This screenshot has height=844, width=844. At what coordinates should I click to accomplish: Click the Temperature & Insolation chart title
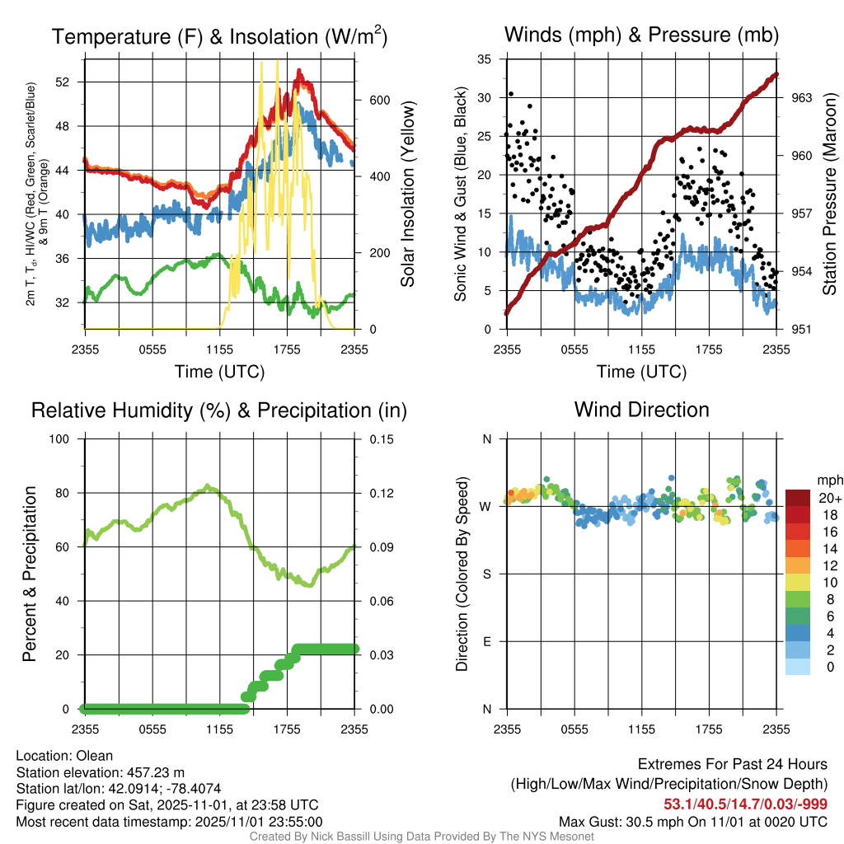[x=219, y=36]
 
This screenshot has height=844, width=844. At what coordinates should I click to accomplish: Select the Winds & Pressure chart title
[x=641, y=35]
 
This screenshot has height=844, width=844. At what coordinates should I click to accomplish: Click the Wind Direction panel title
[x=641, y=410]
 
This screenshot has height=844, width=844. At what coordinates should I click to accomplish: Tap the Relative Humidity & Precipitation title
[x=219, y=410]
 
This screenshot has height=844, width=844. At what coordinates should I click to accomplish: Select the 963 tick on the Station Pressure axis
[x=802, y=97]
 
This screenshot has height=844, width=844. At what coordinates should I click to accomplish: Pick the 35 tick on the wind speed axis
[x=485, y=59]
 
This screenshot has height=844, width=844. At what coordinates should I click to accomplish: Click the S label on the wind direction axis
[x=486, y=574]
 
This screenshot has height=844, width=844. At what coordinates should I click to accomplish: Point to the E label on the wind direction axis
[x=486, y=641]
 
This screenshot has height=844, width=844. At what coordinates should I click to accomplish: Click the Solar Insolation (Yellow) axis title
[x=407, y=194]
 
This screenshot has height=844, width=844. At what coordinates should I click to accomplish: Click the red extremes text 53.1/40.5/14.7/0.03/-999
[x=745, y=804]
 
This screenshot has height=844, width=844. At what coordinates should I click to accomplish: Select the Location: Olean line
[x=64, y=756]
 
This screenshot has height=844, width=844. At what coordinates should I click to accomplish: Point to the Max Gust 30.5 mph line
[x=692, y=821]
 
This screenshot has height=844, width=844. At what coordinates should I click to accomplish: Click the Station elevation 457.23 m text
[x=100, y=772]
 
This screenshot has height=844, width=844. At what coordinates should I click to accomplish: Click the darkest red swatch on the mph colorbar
[x=798, y=497]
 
